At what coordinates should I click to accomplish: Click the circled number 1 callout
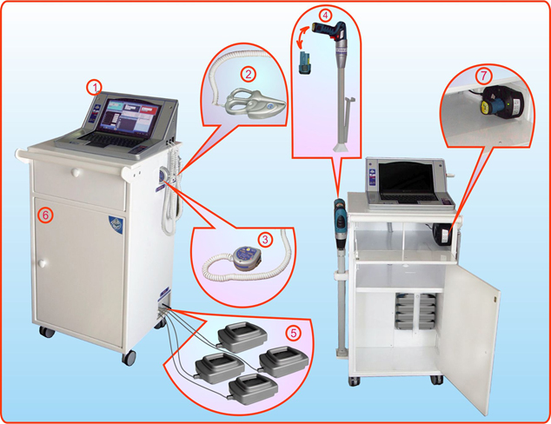click(94, 88)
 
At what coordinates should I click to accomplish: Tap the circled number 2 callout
click(249, 74)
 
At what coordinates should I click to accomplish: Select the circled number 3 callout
click(265, 240)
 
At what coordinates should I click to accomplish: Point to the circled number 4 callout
click(325, 15)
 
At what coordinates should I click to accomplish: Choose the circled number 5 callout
click(294, 333)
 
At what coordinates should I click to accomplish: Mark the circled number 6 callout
click(46, 215)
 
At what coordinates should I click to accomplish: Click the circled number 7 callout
click(483, 76)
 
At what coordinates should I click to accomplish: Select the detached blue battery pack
click(304, 63)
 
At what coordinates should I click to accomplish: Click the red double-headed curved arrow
click(303, 36)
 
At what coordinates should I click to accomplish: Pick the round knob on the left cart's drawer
click(76, 172)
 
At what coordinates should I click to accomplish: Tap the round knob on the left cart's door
click(43, 263)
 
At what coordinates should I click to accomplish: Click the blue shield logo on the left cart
click(116, 224)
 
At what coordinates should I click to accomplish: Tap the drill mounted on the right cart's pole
click(340, 224)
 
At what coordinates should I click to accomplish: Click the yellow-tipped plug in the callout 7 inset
click(487, 107)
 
